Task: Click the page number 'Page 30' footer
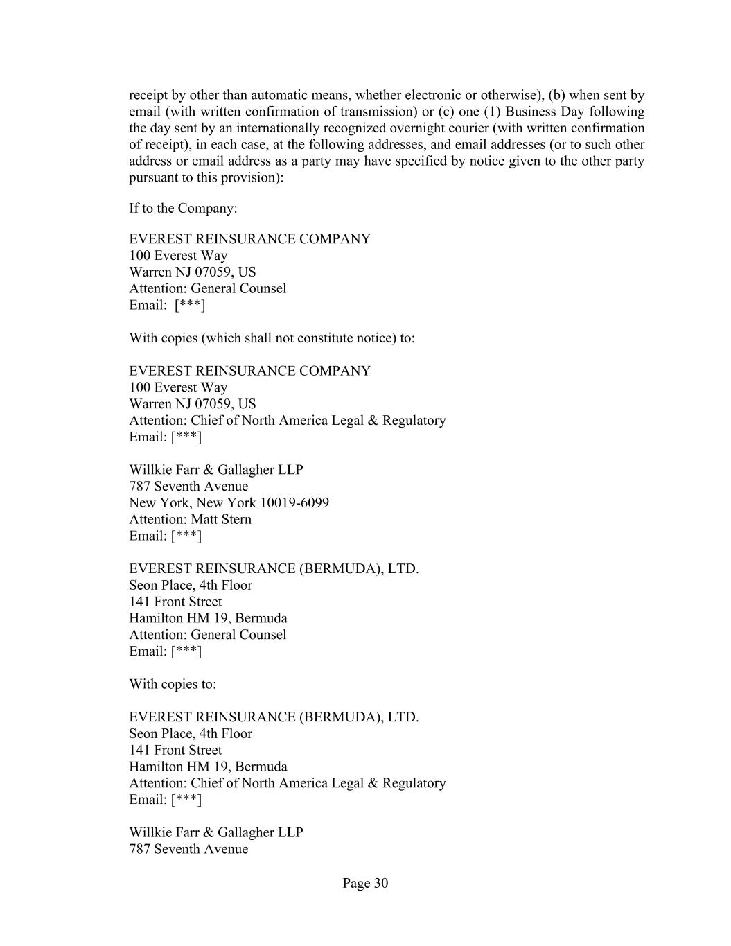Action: tap(365, 883)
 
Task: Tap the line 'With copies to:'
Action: tap(173, 684)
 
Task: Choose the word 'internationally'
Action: tap(280, 128)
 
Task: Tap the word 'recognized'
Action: tap(352, 128)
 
